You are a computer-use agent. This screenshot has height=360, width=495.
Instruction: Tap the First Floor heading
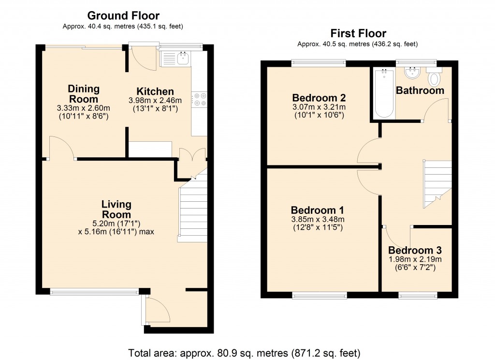coord(358,33)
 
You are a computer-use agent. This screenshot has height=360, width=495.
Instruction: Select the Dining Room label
coord(84,94)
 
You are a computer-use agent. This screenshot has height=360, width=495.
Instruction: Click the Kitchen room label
coord(155,91)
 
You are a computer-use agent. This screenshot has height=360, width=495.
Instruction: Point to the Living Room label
coord(116,210)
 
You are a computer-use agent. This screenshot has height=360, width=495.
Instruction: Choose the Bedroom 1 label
coord(317,210)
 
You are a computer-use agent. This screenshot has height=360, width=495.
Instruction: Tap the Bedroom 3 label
coord(415,251)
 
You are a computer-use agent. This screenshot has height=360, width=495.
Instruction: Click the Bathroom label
coord(420,90)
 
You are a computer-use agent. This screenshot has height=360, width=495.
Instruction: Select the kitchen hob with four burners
coord(200,99)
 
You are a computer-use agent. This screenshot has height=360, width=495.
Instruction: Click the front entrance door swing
coord(155,310)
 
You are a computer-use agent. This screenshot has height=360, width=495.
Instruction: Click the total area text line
coord(244,352)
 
